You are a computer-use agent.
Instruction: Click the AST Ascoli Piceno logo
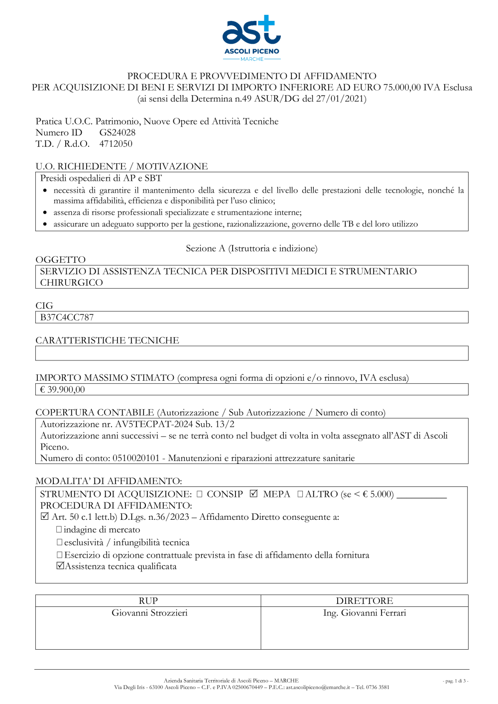point(251,38)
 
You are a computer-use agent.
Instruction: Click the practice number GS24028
point(117,132)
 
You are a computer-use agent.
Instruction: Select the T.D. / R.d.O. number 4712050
point(116,144)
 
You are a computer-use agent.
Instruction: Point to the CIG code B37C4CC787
point(67,318)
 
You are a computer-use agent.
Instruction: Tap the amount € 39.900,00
point(62,390)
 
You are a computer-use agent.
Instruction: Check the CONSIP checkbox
point(199,494)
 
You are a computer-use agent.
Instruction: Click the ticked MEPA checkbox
point(253,494)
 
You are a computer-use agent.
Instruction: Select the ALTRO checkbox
point(300,494)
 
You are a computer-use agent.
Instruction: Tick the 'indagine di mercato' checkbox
point(59,530)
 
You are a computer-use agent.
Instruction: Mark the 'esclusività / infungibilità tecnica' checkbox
point(59,542)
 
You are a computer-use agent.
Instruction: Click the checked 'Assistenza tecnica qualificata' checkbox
point(60,566)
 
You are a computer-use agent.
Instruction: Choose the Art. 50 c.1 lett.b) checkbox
point(45,517)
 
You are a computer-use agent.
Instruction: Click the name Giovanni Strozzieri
point(149,613)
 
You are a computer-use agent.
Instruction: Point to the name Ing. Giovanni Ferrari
point(365,613)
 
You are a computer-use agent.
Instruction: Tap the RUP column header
point(148,601)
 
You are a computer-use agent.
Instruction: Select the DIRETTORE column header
point(365,601)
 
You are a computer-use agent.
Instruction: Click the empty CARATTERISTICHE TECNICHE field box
point(251,353)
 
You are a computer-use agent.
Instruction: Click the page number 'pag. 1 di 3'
point(455,681)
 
